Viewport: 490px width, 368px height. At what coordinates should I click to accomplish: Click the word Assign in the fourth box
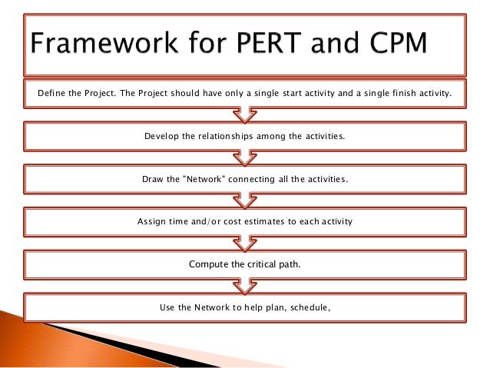[152, 222]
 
